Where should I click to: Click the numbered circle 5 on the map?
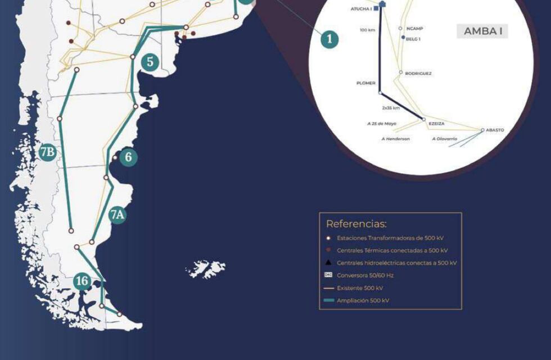pos(150,62)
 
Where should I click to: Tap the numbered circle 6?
pos(128,157)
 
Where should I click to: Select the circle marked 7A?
pos(118,214)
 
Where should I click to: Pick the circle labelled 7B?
pos(47,151)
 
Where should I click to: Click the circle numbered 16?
pos(83,281)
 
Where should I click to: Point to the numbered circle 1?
pos(329,39)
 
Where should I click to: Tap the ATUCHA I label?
pos(360,10)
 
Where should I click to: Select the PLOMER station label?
pos(365,83)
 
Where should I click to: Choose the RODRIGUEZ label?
pos(418,73)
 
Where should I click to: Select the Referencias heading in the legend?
pos(356,224)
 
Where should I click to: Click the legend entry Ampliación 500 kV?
pos(363,300)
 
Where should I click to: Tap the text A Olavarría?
pos(444,138)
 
